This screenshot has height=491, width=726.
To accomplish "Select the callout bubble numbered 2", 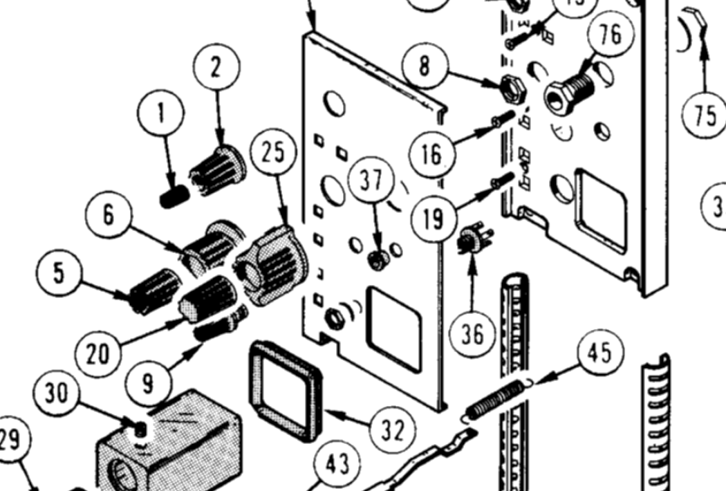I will tap(216, 68).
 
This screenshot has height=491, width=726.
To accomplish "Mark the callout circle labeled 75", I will tap(705, 115).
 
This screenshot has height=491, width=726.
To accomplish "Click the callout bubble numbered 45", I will tap(599, 353).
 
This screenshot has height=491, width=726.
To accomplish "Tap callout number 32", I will tap(392, 429).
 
